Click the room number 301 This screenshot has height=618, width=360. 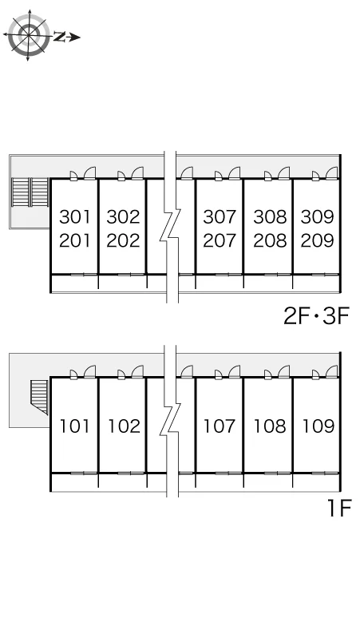(x=74, y=216)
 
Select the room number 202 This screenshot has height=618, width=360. (x=123, y=240)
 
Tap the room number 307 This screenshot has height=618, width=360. (x=220, y=216)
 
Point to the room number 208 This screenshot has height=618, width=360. (x=270, y=240)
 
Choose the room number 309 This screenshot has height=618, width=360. (x=318, y=216)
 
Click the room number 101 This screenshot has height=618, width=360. (x=74, y=426)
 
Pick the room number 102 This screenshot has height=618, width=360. (x=124, y=426)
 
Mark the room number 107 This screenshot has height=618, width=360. (x=220, y=426)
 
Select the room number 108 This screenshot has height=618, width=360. (x=270, y=426)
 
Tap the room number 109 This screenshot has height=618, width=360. (x=318, y=426)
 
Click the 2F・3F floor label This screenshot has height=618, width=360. (x=316, y=316)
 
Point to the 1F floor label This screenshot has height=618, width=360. (x=338, y=509)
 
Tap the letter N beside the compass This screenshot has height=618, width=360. (x=60, y=37)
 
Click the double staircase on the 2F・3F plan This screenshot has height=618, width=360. (x=30, y=192)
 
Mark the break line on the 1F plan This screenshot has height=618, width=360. (x=170, y=421)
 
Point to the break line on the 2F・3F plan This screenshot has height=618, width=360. (x=170, y=227)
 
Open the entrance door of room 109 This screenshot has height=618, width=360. (x=332, y=371)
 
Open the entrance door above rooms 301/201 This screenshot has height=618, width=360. (x=90, y=173)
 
